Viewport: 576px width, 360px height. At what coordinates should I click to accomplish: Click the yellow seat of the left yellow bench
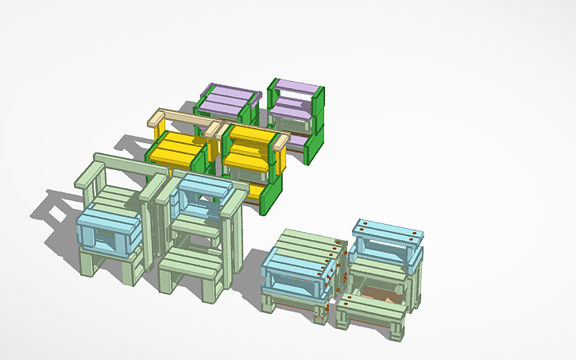tap(176, 148)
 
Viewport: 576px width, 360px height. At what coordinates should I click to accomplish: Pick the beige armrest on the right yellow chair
tap(280, 142)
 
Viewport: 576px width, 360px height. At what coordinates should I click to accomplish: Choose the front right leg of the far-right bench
tap(397, 330)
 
